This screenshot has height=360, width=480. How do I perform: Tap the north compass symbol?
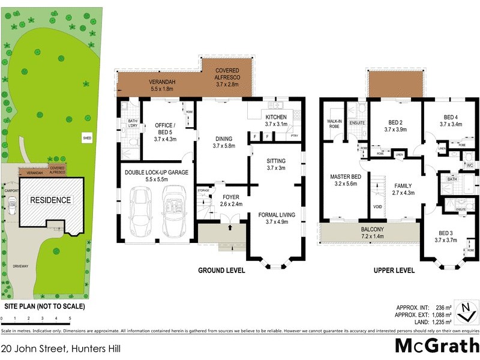[x=465, y=310]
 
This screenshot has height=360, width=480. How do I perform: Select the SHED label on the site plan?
[x=87, y=139]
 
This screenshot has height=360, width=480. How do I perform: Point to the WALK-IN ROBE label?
[x=334, y=124]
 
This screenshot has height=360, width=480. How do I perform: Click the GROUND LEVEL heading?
[x=221, y=271]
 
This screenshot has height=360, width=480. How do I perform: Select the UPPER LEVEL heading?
[x=394, y=271]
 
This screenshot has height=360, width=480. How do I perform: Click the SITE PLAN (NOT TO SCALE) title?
[x=43, y=307]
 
